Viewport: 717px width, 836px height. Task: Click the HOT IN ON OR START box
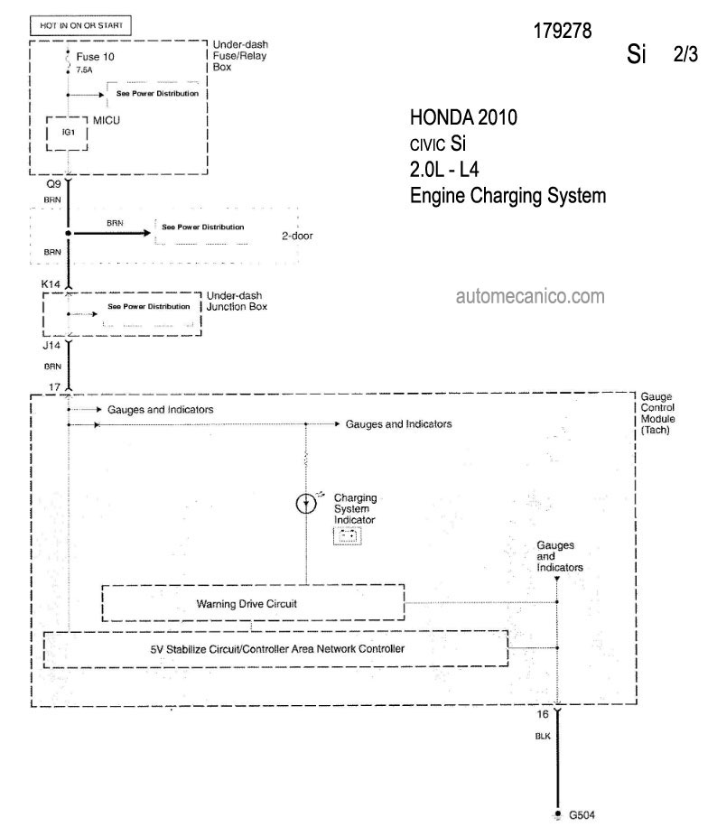coord(80,25)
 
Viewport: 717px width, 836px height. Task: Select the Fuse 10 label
coord(95,57)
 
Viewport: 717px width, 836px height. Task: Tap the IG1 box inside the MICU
coord(67,134)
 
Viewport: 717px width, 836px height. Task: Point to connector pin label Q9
coord(54,184)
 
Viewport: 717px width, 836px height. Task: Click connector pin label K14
coord(51,284)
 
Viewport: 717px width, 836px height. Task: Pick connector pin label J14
coord(51,346)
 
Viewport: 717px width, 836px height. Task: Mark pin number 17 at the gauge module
coord(55,387)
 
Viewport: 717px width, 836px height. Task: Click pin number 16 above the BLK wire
coord(543,714)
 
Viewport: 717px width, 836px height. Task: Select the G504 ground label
coord(582,815)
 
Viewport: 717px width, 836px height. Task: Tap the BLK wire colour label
coord(543,737)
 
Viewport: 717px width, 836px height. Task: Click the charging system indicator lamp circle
coord(306,503)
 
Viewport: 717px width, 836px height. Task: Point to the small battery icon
coord(348,536)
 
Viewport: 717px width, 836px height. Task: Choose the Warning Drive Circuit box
coord(253,603)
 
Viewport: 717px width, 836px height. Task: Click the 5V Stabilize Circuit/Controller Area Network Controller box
coord(275,649)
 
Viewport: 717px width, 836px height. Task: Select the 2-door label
coord(297,236)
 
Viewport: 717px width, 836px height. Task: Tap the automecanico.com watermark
coord(530,296)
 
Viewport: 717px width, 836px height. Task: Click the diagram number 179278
coord(563,31)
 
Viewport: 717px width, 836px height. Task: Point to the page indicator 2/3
coord(685,54)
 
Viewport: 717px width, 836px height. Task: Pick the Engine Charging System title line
coord(507,196)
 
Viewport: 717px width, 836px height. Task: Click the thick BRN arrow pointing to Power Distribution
coord(112,233)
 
